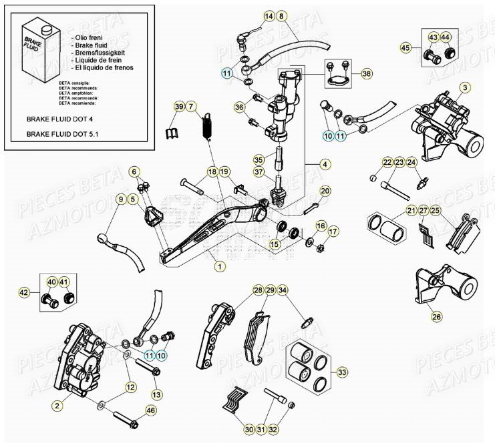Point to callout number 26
(x=436, y=317)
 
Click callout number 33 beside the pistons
(x=343, y=372)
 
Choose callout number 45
(x=405, y=47)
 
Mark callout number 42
(x=24, y=292)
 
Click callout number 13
(x=157, y=376)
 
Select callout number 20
(x=325, y=191)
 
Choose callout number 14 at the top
(x=250, y=15)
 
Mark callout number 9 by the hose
(x=121, y=198)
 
